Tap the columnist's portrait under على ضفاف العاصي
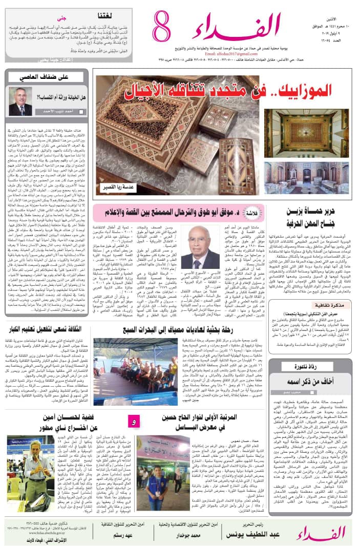click(x=20, y=101)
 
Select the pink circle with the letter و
click(x=134, y=422)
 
